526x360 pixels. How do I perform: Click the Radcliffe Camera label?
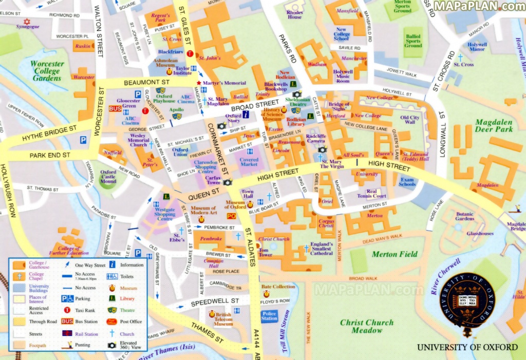click(316, 139)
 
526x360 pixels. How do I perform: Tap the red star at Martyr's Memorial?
click(199, 83)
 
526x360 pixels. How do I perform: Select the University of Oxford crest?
click(467, 300)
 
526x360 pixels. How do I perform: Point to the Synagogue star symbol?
click(27, 22)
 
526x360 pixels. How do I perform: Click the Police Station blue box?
click(269, 316)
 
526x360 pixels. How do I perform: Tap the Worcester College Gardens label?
click(47, 71)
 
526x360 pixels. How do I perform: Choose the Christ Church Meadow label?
click(367, 326)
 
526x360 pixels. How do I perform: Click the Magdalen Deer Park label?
click(494, 126)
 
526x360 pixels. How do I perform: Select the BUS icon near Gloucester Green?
click(115, 109)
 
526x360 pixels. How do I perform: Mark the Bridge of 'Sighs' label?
click(339, 107)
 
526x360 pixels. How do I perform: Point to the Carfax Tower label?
click(213, 180)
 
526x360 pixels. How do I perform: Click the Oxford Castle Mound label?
click(108, 177)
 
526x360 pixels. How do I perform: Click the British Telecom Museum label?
click(223, 319)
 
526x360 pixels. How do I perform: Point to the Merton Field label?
click(394, 254)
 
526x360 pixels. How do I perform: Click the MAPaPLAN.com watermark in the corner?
click(479, 6)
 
